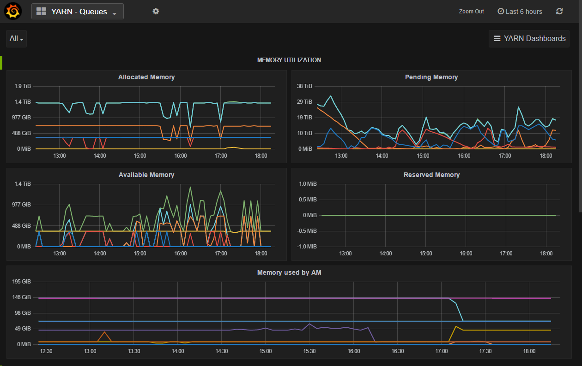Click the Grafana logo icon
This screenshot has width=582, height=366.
(x=13, y=12)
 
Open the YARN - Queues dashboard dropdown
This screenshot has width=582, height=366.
(x=78, y=12)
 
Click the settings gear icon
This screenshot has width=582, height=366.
(x=156, y=11)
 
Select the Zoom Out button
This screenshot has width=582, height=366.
(x=471, y=12)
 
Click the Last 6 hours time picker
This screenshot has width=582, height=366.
(x=520, y=12)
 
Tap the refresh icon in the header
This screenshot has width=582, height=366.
(x=559, y=12)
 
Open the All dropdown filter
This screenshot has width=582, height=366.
(x=16, y=39)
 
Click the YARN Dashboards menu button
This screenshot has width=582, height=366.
(x=529, y=39)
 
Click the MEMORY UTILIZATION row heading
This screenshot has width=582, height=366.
(x=289, y=60)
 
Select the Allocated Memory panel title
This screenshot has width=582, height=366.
(x=146, y=77)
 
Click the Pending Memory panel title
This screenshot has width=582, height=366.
(x=431, y=77)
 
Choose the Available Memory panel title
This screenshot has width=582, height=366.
(x=146, y=175)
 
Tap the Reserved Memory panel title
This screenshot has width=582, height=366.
(x=431, y=175)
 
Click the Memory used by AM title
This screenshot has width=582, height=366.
(x=289, y=272)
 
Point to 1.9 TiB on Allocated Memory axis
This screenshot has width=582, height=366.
(x=23, y=86)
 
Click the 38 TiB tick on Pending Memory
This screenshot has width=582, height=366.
(x=305, y=86)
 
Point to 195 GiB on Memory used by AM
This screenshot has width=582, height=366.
(x=23, y=282)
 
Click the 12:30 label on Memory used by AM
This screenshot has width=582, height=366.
(x=46, y=351)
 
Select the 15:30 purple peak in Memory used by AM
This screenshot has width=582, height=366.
(x=309, y=324)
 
